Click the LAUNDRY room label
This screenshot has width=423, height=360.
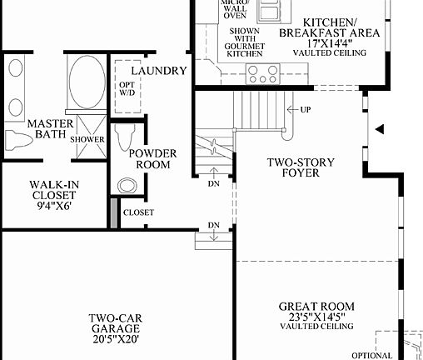(x=158, y=71)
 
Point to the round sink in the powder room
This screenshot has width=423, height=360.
(x=126, y=186)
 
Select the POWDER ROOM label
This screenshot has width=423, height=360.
(x=149, y=158)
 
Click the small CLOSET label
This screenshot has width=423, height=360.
(x=138, y=212)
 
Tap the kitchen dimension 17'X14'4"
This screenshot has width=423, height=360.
(x=331, y=43)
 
